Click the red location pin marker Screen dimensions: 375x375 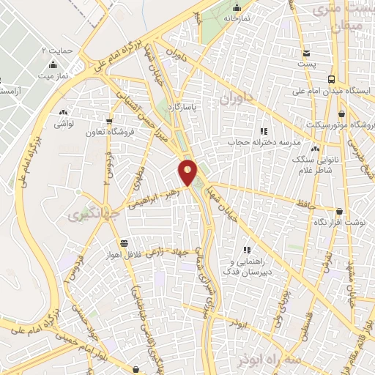click(188, 172)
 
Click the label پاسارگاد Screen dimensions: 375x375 click(200, 108)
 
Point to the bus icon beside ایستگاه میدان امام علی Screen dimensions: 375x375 click(332, 79)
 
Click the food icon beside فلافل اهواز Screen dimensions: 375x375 click(123, 244)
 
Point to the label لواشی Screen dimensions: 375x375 click(63, 125)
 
